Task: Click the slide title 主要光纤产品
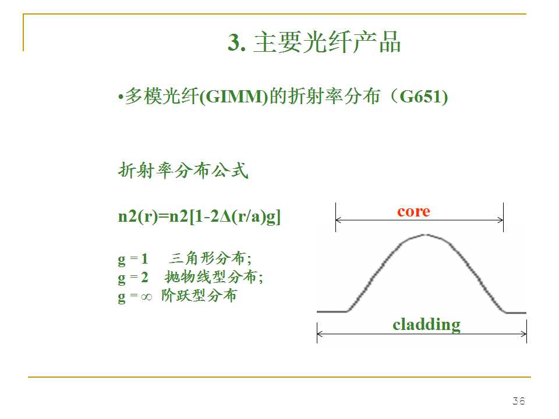click(327, 43)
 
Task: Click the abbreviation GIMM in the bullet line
click(232, 97)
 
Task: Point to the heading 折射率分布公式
click(183, 171)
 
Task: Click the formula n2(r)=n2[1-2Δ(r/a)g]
click(199, 217)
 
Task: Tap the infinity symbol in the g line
click(146, 296)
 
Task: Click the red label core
click(413, 211)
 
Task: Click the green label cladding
click(426, 324)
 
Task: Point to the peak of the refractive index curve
click(426, 235)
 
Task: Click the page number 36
click(518, 401)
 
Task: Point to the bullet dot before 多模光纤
click(120, 98)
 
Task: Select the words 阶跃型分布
click(199, 296)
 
